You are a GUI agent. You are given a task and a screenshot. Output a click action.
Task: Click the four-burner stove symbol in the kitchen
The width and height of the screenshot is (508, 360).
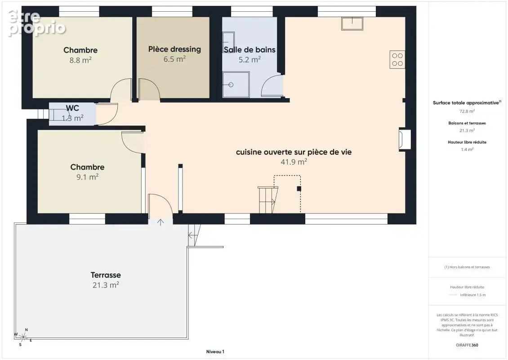pos(397,60)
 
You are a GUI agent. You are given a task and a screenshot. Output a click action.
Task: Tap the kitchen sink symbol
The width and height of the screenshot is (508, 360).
pos(352,24)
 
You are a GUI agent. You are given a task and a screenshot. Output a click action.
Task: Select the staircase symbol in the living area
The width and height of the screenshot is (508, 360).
pos(268,199)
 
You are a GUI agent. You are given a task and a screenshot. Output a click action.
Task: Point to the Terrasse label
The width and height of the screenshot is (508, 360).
pos(106,275)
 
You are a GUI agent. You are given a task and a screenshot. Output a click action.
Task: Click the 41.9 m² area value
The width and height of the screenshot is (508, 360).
pos(294,162)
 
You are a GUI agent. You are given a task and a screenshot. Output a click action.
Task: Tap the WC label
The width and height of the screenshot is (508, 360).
pos(72,108)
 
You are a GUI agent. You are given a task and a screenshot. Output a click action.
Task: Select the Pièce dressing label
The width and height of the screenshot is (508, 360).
pos(174,49)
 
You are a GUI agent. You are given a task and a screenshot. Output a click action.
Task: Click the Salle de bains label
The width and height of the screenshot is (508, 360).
pos(250,49)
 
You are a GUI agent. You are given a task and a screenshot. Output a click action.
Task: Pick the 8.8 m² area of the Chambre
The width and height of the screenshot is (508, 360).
pos(80,60)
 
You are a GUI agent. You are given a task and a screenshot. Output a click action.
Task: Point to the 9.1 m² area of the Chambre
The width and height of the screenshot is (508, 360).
pos(88,177)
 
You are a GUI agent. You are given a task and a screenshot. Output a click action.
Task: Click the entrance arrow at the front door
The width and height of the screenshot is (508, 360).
pos(160,222)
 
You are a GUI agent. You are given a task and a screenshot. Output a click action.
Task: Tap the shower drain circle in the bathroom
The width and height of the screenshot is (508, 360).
pos(231,85)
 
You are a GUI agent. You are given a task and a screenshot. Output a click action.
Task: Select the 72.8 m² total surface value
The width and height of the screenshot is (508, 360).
pos(467,111)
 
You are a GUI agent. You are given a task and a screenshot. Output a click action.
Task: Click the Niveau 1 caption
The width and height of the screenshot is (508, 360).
pos(215,351)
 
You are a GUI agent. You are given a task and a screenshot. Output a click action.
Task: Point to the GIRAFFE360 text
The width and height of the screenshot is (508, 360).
pos(467,345)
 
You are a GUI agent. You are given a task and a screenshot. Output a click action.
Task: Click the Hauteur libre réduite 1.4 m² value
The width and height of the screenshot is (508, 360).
pos(467,149)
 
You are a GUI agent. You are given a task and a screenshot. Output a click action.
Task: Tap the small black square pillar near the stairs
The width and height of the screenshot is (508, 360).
pos(299,189)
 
